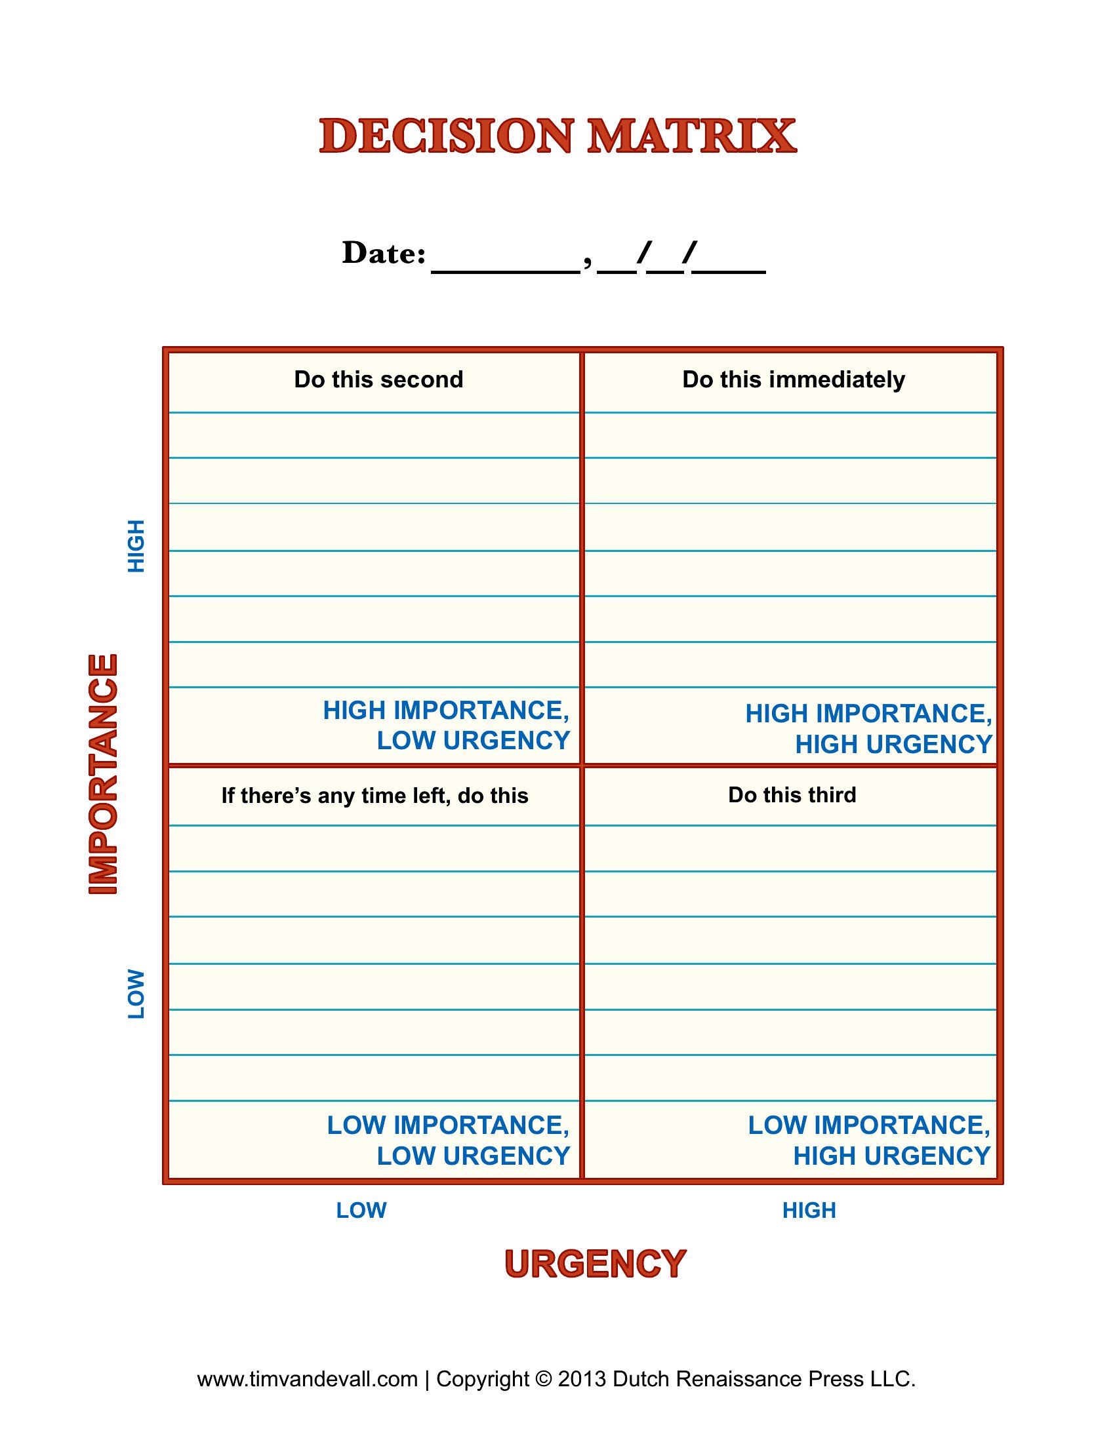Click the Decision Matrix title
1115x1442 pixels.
pyautogui.click(x=557, y=136)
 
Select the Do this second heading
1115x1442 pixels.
pyautogui.click(x=378, y=380)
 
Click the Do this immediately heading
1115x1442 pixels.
pyautogui.click(x=794, y=380)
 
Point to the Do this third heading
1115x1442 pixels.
pyautogui.click(x=792, y=795)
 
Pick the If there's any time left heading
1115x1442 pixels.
pyautogui.click(x=375, y=796)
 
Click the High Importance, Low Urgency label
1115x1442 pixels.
pyautogui.click(x=447, y=726)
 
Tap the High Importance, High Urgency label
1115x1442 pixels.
pyautogui.click(x=868, y=729)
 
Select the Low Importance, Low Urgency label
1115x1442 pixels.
pyautogui.click(x=449, y=1140)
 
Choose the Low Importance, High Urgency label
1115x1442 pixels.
pyautogui.click(x=869, y=1140)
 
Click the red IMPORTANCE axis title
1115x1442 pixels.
pyautogui.click(x=103, y=774)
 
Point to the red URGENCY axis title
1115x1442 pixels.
pyautogui.click(x=595, y=1264)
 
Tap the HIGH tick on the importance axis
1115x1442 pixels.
pyautogui.click(x=136, y=546)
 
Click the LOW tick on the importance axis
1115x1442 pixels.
pyautogui.click(x=136, y=994)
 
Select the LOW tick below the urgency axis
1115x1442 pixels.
pyautogui.click(x=361, y=1210)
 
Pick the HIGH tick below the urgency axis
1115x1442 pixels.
pyautogui.click(x=809, y=1210)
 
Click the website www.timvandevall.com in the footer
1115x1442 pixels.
pyautogui.click(x=307, y=1379)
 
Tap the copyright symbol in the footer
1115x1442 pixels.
pyautogui.click(x=543, y=1378)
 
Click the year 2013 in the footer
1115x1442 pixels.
pyautogui.click(x=582, y=1378)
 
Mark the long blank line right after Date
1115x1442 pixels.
pyautogui.click(x=506, y=271)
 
